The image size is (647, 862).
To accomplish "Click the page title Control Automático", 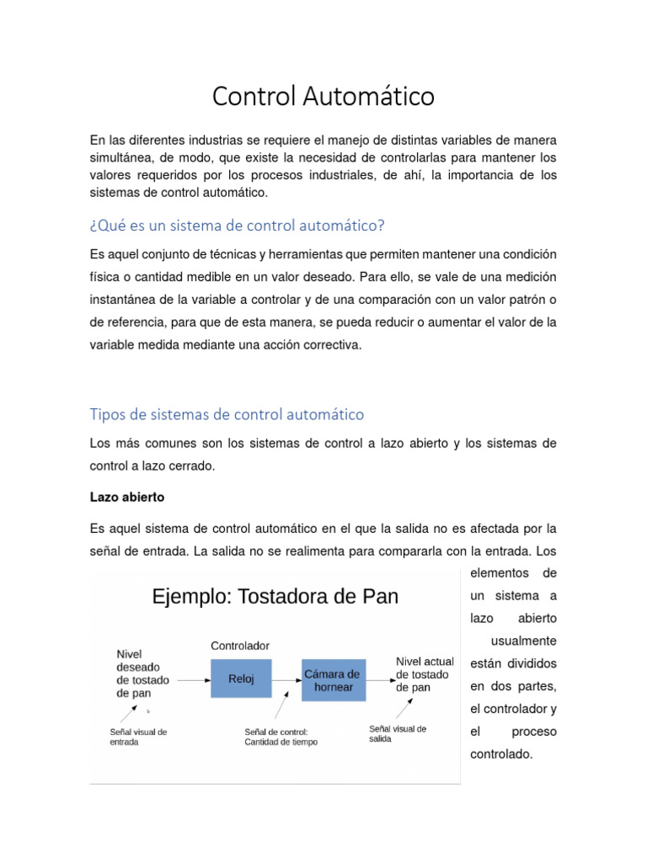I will click(x=323, y=97).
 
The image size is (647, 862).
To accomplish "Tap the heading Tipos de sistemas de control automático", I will click(x=227, y=414).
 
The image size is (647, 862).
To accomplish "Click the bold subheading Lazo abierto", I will click(x=127, y=498).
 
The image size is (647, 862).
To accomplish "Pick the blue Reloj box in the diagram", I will click(x=241, y=678).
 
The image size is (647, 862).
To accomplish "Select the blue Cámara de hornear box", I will click(x=334, y=680).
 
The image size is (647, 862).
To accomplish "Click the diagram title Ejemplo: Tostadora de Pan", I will click(x=275, y=597).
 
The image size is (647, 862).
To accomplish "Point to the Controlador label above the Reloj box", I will click(x=240, y=646).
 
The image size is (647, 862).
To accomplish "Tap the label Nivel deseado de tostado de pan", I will click(x=143, y=673).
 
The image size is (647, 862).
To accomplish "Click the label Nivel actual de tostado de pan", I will click(x=425, y=674).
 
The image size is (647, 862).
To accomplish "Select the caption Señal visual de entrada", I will click(x=138, y=737).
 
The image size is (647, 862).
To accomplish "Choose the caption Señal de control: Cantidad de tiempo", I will click(x=281, y=737).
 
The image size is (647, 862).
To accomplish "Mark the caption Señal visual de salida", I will click(x=398, y=733).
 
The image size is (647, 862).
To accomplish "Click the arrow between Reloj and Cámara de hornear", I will click(x=287, y=678).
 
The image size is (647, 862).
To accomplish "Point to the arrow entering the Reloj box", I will click(x=193, y=678).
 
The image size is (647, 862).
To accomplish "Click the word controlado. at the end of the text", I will click(x=502, y=754).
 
